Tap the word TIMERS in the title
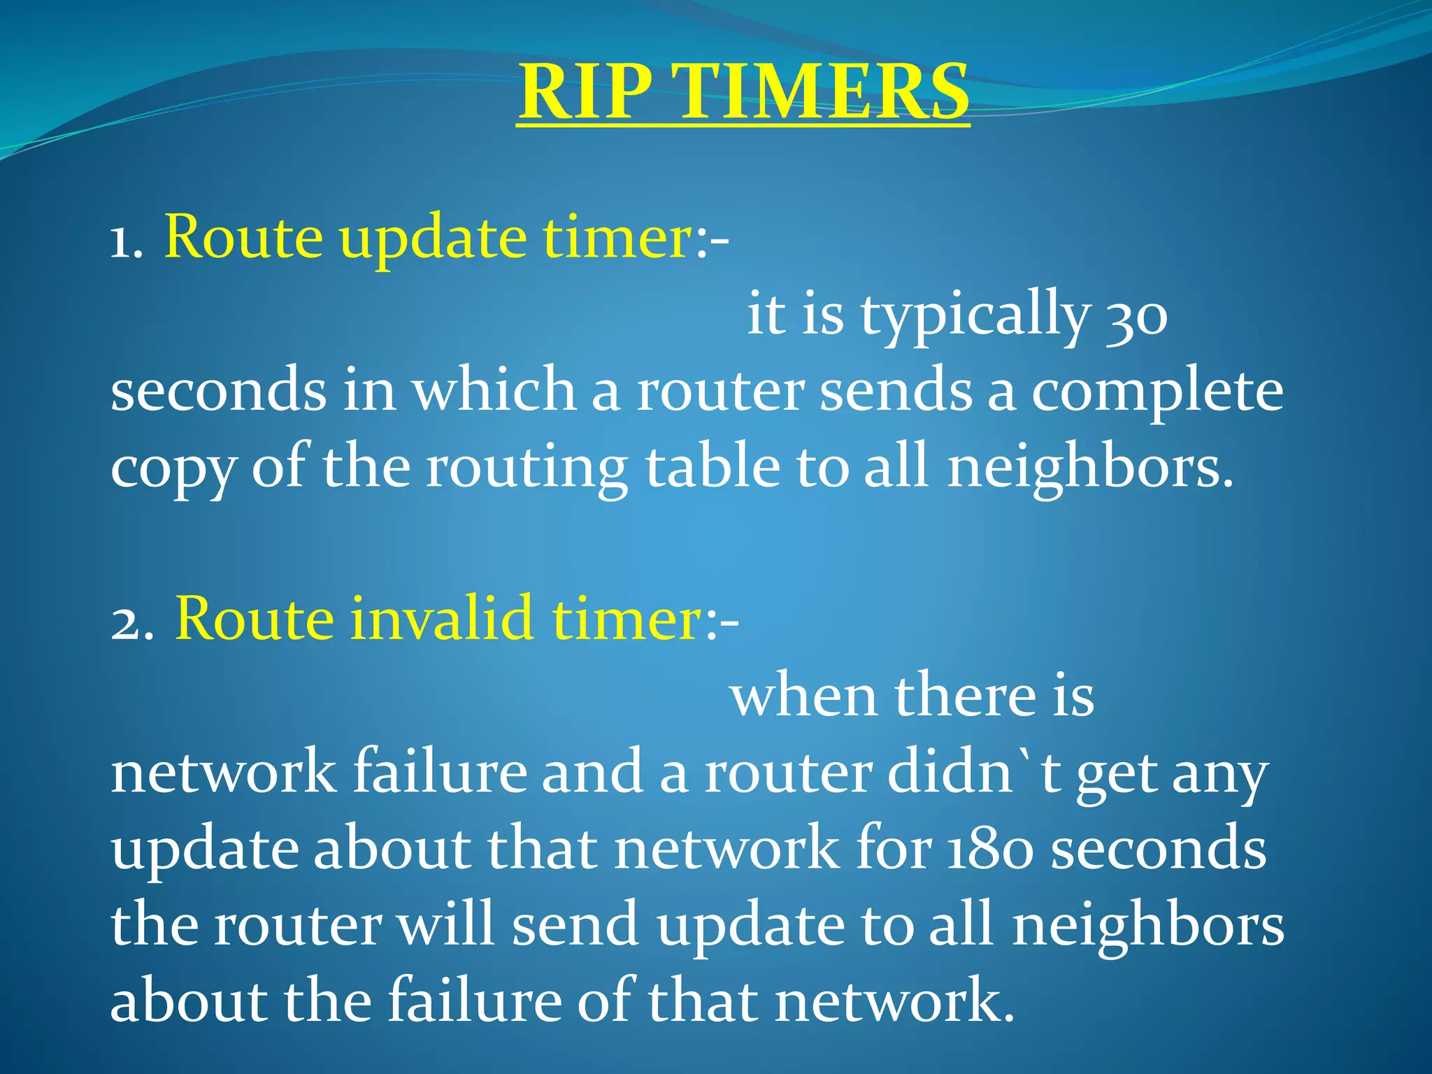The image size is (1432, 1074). (x=823, y=92)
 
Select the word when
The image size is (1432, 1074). (x=803, y=696)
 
